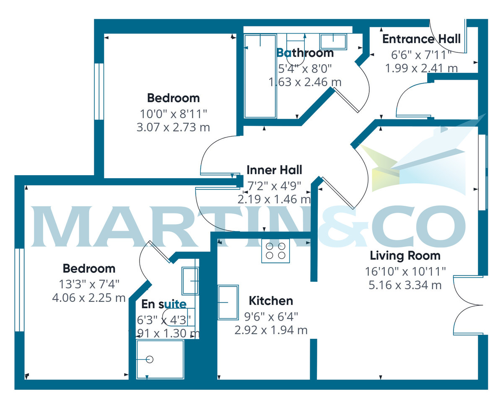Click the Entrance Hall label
421,39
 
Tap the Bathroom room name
305,53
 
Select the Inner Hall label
274,170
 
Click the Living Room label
405,255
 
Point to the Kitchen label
271,301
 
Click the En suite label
163,304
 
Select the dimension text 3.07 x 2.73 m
173,127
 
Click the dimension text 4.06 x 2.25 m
89,298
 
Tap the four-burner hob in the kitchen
275,251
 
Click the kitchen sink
228,302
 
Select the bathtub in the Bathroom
260,75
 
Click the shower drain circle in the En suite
150,359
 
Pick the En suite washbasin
190,281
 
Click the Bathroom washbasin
334,42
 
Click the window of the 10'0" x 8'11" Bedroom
99,91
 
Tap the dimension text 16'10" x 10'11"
405,271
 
